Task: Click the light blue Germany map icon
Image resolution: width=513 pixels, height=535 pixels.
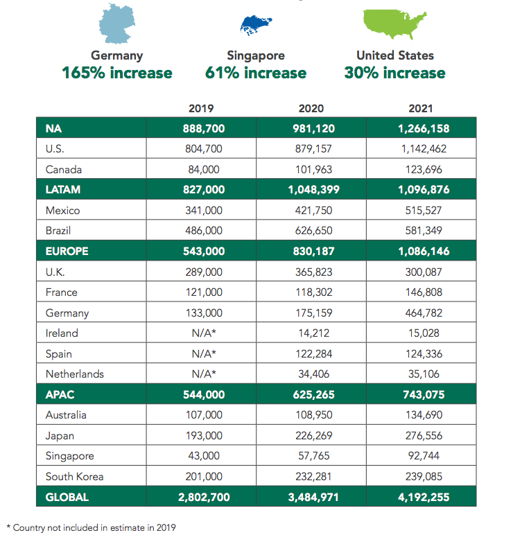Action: point(117,24)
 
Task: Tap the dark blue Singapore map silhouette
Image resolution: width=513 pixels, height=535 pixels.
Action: point(256,25)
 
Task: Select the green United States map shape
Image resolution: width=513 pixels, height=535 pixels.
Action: point(395,24)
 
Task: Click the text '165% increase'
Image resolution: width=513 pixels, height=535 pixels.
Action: point(117,73)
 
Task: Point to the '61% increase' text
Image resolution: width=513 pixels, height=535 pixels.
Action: point(256,73)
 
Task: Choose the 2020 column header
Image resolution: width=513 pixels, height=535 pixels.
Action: point(311,109)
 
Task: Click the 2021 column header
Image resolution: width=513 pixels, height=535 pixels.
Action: point(421,109)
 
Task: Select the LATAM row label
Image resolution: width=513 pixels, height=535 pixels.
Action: point(63,189)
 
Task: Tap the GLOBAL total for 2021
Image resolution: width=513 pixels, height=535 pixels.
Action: point(424,497)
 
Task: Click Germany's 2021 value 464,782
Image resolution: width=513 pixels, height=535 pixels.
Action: point(424,313)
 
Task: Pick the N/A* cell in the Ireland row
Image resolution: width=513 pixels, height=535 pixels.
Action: point(204,333)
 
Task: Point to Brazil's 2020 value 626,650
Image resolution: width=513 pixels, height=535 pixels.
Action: point(313,231)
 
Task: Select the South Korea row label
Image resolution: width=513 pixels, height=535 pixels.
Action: point(74,477)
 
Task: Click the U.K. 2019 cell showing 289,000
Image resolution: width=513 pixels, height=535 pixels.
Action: point(204,272)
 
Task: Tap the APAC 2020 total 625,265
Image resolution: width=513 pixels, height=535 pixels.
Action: point(313,395)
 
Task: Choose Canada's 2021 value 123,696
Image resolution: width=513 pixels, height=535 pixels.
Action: point(424,170)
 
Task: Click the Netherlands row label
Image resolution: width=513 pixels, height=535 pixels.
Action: point(75,374)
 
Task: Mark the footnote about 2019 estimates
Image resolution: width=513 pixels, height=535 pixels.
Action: point(91,527)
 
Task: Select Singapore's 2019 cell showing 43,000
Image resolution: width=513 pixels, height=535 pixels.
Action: point(204,456)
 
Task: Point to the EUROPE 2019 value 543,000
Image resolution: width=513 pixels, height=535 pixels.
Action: point(204,252)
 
